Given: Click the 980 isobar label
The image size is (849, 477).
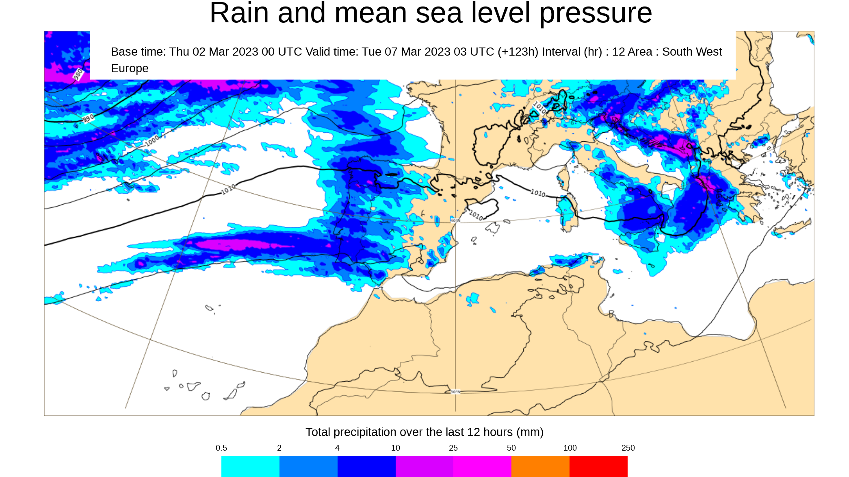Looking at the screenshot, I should coord(78,74).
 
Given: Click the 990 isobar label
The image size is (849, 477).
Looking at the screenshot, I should coord(88,119).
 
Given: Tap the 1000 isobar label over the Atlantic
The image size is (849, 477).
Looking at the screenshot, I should coord(152,141).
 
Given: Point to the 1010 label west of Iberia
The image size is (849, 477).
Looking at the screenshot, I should coord(228,189).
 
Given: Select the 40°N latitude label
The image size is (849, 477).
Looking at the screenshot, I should coord(455,220).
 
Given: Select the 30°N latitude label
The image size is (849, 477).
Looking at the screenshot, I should coord(455,392).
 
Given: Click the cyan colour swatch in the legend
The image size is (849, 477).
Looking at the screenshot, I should coord(250,466).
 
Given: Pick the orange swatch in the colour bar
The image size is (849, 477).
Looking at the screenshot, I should coord(540,466).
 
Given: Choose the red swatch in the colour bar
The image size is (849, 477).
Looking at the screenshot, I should coord(598,466).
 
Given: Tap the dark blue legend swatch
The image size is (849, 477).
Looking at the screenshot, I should coord(366,466).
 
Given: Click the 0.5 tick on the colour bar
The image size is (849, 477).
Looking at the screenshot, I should coord(221,448).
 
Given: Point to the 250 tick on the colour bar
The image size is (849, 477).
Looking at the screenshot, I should coord(628,448).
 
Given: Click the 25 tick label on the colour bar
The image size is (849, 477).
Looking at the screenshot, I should coord(453,448).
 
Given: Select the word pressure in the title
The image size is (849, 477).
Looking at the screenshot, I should coord(596,13).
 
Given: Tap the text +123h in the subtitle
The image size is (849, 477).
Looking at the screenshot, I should coord(518,52).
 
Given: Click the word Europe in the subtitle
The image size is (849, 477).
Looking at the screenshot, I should coord(130,68).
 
